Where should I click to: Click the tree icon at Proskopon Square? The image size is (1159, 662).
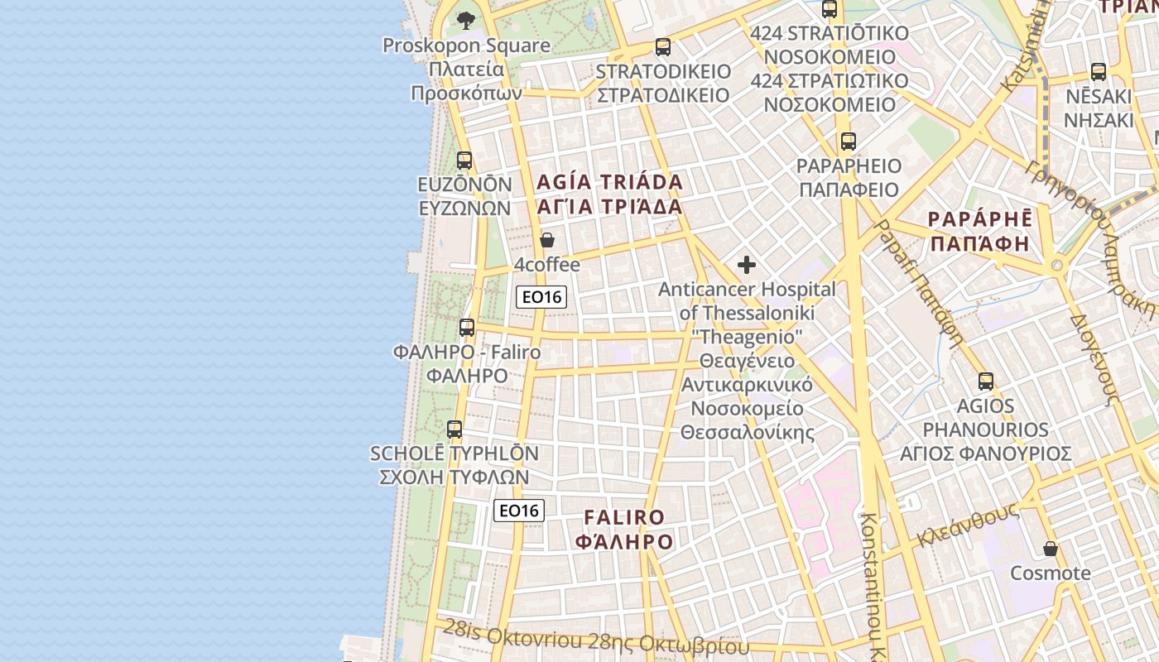(x=466, y=20)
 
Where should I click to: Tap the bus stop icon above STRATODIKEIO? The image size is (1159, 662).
(x=662, y=47)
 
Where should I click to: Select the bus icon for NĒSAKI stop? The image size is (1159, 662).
(x=1099, y=72)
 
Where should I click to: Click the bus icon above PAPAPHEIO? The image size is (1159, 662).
(x=848, y=142)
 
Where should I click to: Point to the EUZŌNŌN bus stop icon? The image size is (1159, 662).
(x=464, y=161)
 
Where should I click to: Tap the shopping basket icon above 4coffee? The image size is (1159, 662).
(x=546, y=241)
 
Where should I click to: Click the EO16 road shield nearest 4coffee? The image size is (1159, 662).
(x=541, y=297)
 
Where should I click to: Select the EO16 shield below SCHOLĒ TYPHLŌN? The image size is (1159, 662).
(x=519, y=511)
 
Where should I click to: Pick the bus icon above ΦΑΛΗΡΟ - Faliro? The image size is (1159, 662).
(x=467, y=328)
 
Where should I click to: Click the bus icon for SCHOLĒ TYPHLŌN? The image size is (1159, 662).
(x=454, y=429)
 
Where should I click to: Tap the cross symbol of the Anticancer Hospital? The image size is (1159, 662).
(x=747, y=265)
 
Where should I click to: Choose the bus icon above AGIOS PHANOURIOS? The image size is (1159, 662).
(x=985, y=381)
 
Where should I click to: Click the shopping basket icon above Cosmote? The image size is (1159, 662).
(x=1051, y=549)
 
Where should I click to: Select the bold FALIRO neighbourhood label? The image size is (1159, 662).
(x=625, y=530)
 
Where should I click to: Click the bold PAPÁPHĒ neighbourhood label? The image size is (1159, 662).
(x=980, y=232)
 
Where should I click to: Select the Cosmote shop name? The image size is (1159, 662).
(x=1051, y=573)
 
